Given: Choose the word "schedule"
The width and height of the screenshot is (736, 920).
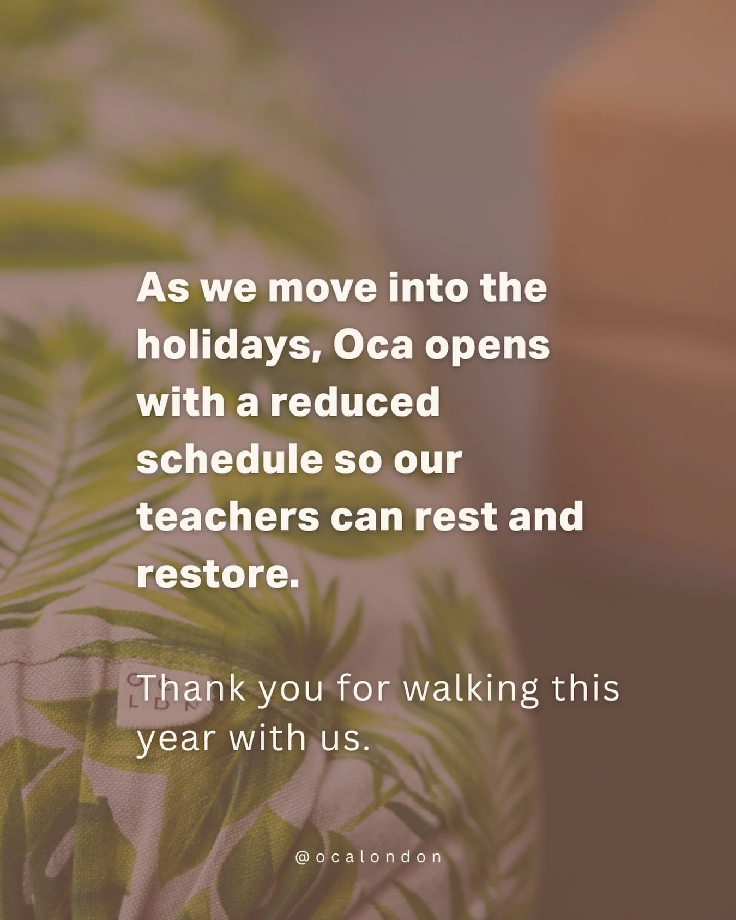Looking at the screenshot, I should (x=230, y=459).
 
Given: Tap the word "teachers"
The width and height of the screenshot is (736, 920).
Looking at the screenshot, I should (x=228, y=516).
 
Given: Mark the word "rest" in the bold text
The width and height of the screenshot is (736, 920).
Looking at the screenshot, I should (x=457, y=518).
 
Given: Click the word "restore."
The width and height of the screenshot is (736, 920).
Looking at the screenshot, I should (x=218, y=574).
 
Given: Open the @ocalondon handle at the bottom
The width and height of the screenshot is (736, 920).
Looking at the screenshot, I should (x=368, y=857).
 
